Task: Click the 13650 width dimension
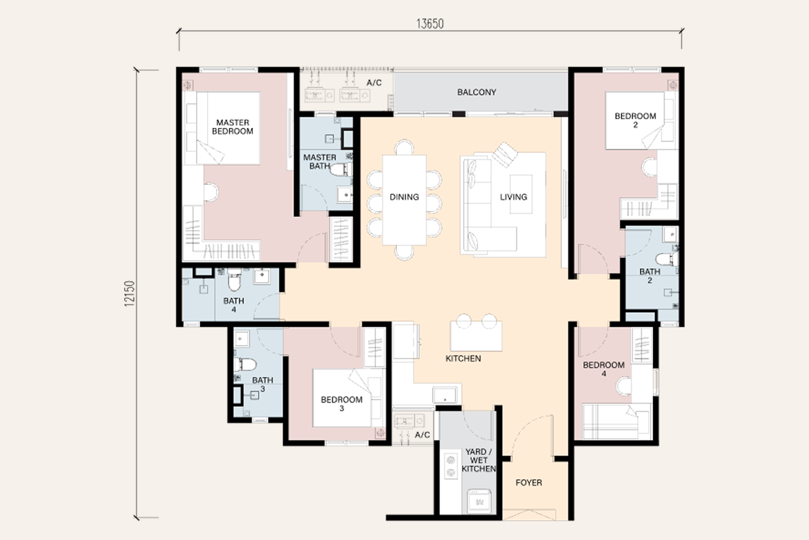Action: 430,24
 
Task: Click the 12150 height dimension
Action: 131,294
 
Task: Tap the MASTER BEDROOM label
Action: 233,127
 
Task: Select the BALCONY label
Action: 477,92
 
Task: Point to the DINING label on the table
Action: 404,197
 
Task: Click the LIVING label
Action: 513,197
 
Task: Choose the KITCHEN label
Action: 463,359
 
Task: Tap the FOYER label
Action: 529,483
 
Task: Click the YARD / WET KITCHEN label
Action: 479,460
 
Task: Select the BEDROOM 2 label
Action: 635,120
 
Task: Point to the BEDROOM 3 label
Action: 342,404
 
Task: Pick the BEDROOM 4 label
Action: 604,369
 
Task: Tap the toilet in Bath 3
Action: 246,363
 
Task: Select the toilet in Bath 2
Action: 667,259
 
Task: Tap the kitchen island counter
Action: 476,335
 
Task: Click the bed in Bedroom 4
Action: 617,421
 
